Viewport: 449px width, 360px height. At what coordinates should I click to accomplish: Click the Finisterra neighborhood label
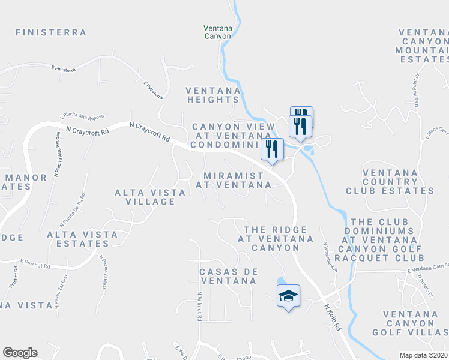click(x=51, y=32)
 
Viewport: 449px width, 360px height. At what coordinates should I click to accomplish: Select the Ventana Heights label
click(x=213, y=95)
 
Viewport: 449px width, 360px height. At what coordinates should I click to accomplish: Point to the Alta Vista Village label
click(x=145, y=197)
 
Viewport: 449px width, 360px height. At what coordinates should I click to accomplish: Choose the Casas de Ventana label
click(x=228, y=275)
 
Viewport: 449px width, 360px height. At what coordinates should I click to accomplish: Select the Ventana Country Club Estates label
click(x=390, y=182)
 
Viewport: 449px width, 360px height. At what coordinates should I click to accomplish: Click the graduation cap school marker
click(x=288, y=295)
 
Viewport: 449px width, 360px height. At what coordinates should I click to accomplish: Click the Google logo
click(x=20, y=353)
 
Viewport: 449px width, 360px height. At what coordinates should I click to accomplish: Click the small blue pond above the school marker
click(x=281, y=281)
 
